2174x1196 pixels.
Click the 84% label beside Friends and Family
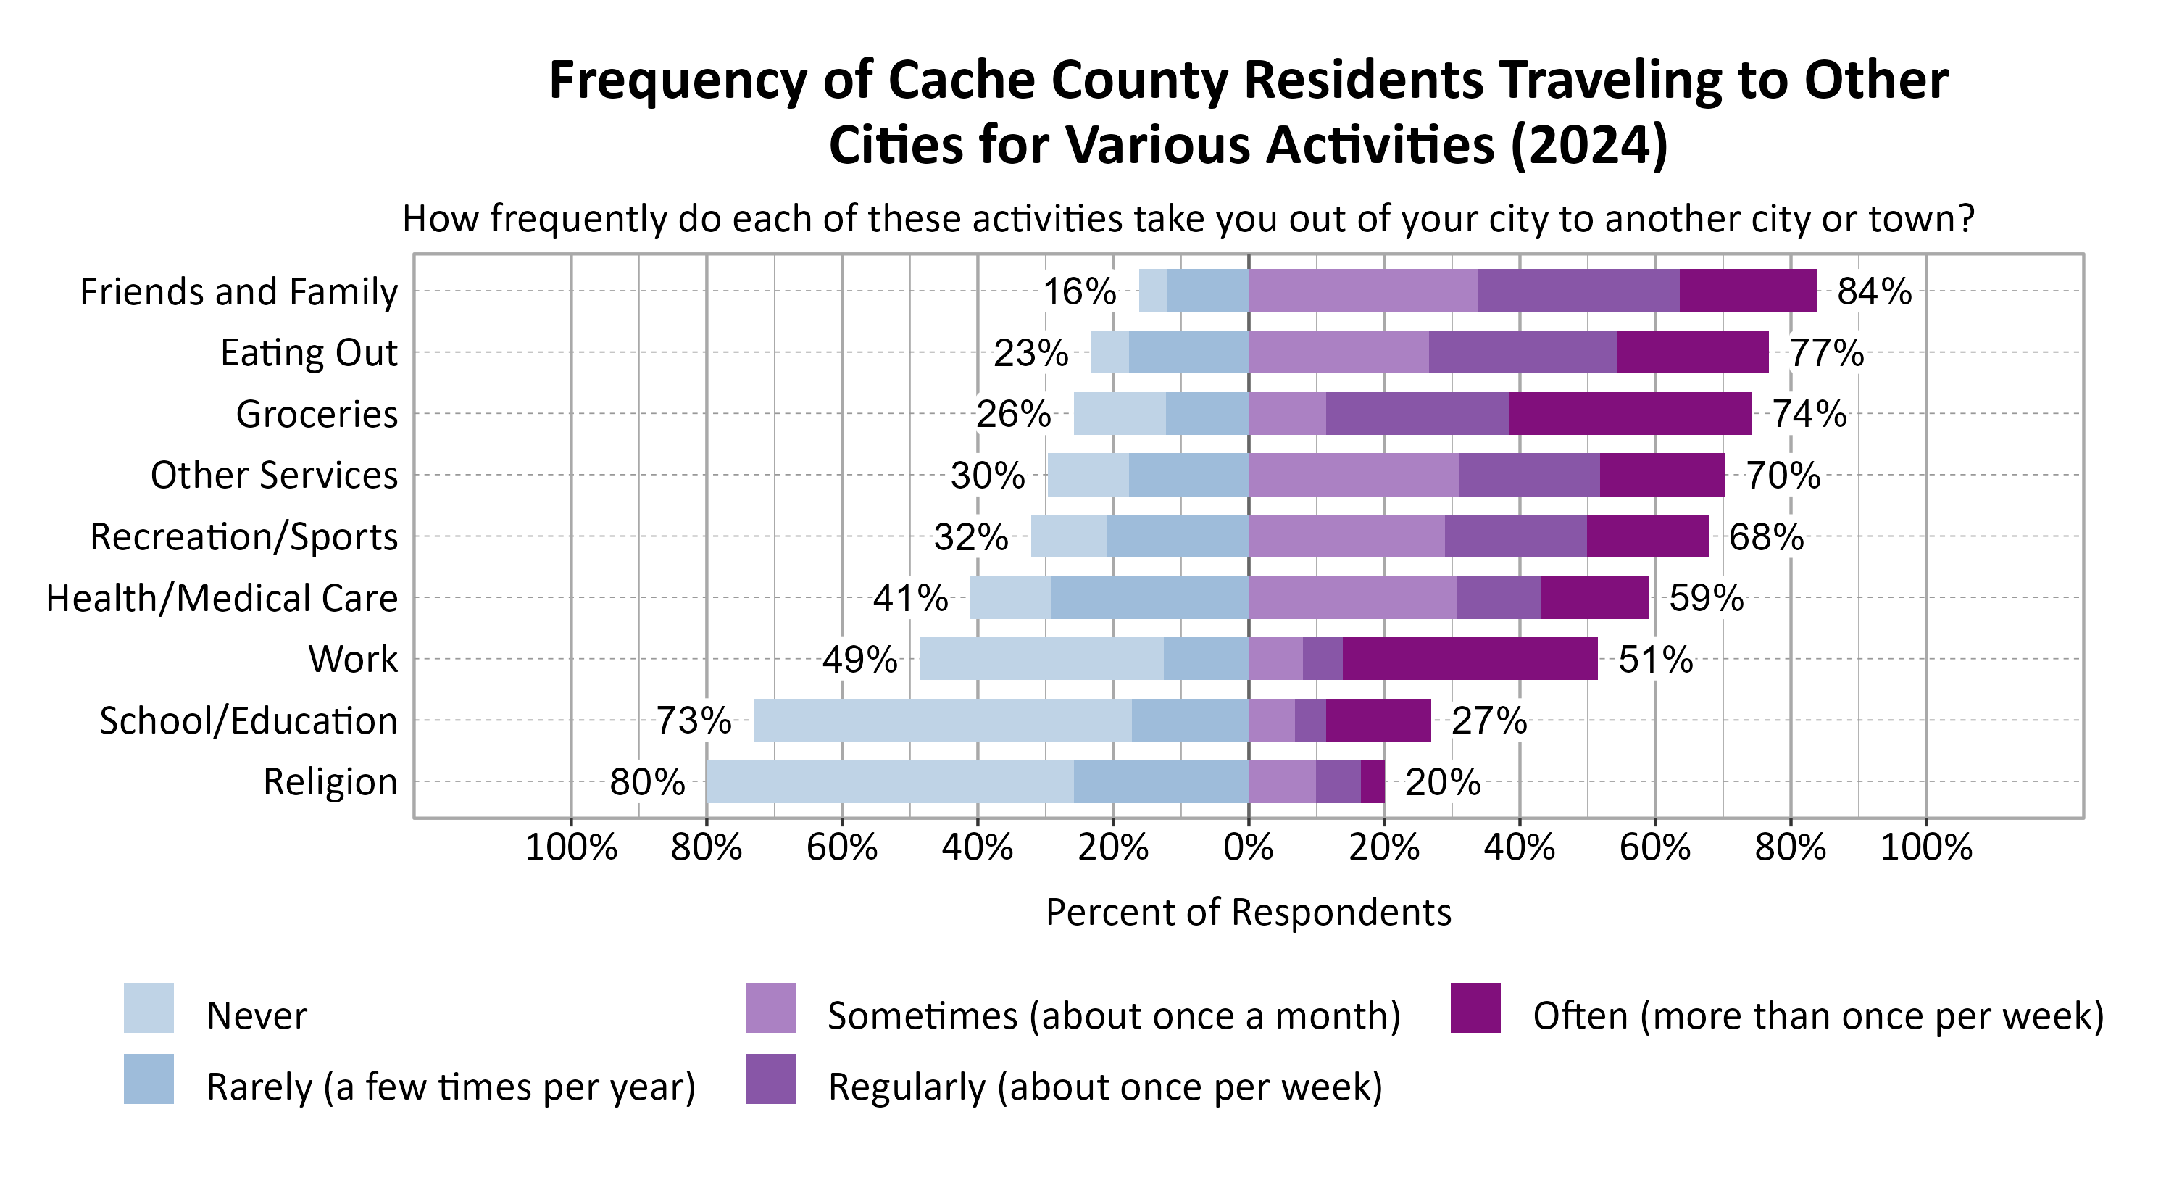coord(1873,292)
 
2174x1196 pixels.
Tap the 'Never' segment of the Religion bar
coord(891,781)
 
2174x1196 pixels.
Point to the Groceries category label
coord(317,415)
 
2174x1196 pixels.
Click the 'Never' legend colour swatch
coord(149,1008)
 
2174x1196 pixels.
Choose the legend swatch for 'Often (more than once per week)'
coord(1475,1008)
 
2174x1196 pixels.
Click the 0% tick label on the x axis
coord(1248,847)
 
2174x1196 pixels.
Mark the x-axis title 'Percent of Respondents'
coord(1248,913)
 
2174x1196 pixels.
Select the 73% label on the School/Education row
coord(693,720)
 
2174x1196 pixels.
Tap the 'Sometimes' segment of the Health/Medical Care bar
coord(1352,597)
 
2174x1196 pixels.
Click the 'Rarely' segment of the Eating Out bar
coord(1188,352)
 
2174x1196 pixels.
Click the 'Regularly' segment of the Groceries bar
coord(1416,414)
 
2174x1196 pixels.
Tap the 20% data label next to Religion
coord(1442,782)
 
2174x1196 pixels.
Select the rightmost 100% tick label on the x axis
coord(1926,847)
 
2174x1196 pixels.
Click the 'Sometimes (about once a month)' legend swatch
coord(770,1008)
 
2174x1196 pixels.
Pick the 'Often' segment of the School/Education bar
coord(1378,720)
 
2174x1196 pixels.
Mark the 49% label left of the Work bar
coord(859,659)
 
